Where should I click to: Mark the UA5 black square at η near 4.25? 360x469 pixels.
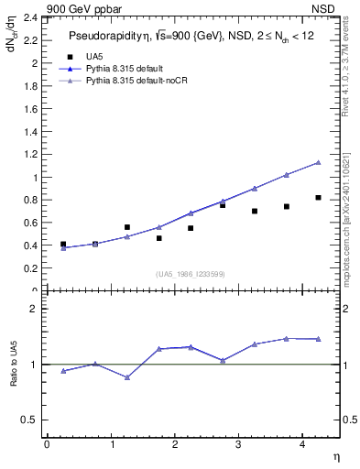pos(318,198)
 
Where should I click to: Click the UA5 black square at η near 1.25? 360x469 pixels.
pos(127,227)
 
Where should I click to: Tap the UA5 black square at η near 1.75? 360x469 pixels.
pos(158,238)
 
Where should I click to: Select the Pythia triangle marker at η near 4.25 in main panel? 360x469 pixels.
pos(318,162)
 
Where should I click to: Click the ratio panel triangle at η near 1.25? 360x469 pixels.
pos(127,377)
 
